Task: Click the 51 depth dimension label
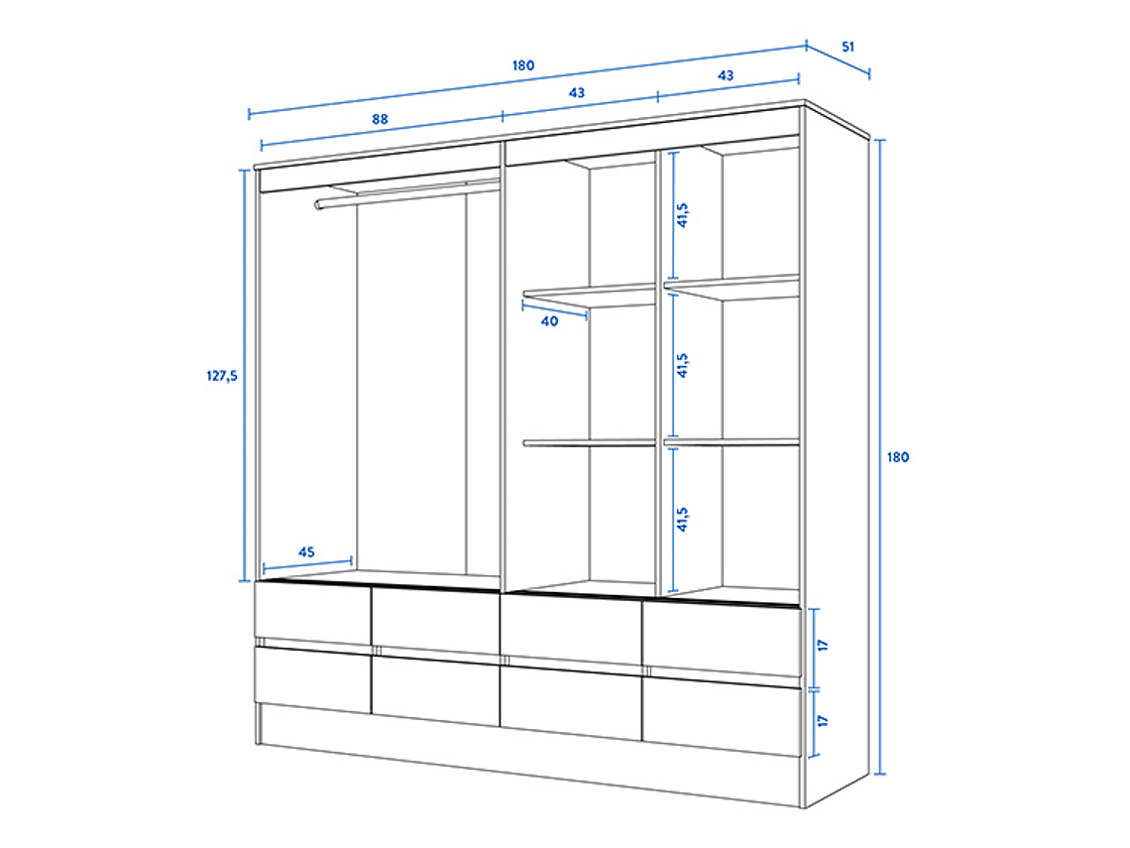[847, 47]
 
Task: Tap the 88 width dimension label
[380, 119]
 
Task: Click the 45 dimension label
[306, 552]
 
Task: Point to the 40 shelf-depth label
[549, 321]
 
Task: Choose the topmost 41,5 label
[682, 214]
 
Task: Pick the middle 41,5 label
[682, 365]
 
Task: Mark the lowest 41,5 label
[682, 519]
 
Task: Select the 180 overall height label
[897, 457]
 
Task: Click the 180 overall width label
[523, 65]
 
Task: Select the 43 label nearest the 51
[726, 75]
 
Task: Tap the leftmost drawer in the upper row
[312, 612]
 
